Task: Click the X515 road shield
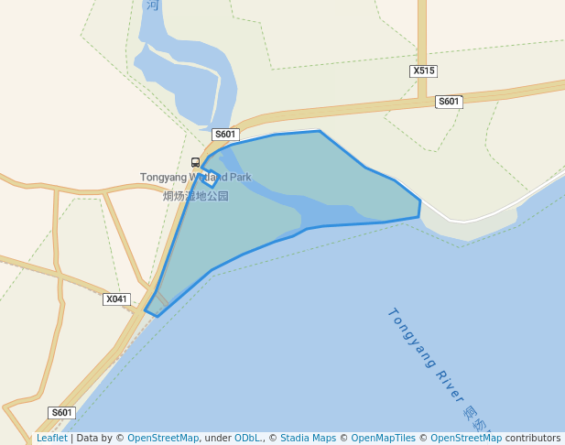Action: pos(423,71)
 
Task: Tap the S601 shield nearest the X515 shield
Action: pos(449,102)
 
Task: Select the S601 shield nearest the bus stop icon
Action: pos(225,135)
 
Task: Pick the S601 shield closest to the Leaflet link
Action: pos(61,413)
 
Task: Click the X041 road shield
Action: pos(116,299)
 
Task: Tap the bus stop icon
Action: pos(195,163)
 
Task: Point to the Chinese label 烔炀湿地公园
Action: pos(196,196)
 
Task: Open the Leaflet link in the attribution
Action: pos(52,439)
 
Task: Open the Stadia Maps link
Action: pos(308,439)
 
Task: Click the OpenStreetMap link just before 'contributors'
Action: pos(466,439)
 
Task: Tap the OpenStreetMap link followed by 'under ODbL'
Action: pos(163,439)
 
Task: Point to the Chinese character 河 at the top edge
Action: pos(152,5)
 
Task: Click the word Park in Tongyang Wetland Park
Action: pos(240,178)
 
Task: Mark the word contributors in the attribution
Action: pos(533,439)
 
